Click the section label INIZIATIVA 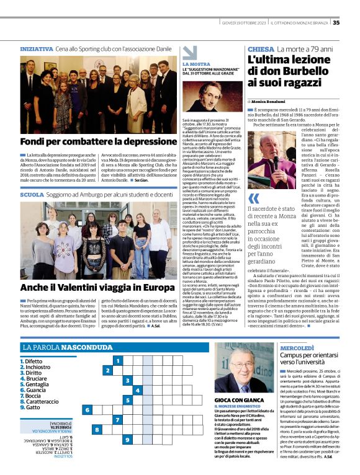36,48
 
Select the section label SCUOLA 32,195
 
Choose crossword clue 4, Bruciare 38,378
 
